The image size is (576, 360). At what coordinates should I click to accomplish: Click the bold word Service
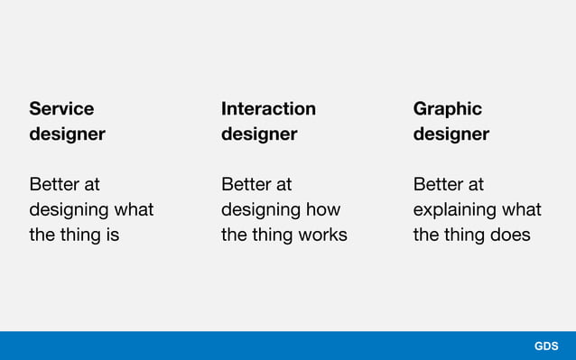(x=61, y=109)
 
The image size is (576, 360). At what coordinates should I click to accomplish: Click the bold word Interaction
(x=268, y=109)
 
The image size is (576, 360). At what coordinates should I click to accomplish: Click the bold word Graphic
(x=447, y=109)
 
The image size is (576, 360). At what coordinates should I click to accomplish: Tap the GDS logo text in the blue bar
(x=546, y=346)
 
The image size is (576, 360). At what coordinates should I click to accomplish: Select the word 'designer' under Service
(x=67, y=134)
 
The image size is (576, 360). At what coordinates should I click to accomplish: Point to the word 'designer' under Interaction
(x=259, y=134)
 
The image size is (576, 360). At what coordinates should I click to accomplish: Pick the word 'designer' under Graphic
(x=451, y=134)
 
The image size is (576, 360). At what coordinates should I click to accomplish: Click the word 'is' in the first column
(x=112, y=235)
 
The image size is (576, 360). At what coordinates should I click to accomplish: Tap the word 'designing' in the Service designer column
(x=70, y=210)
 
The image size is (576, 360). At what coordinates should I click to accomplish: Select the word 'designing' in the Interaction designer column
(x=262, y=210)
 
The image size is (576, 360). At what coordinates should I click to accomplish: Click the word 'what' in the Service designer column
(x=135, y=210)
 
